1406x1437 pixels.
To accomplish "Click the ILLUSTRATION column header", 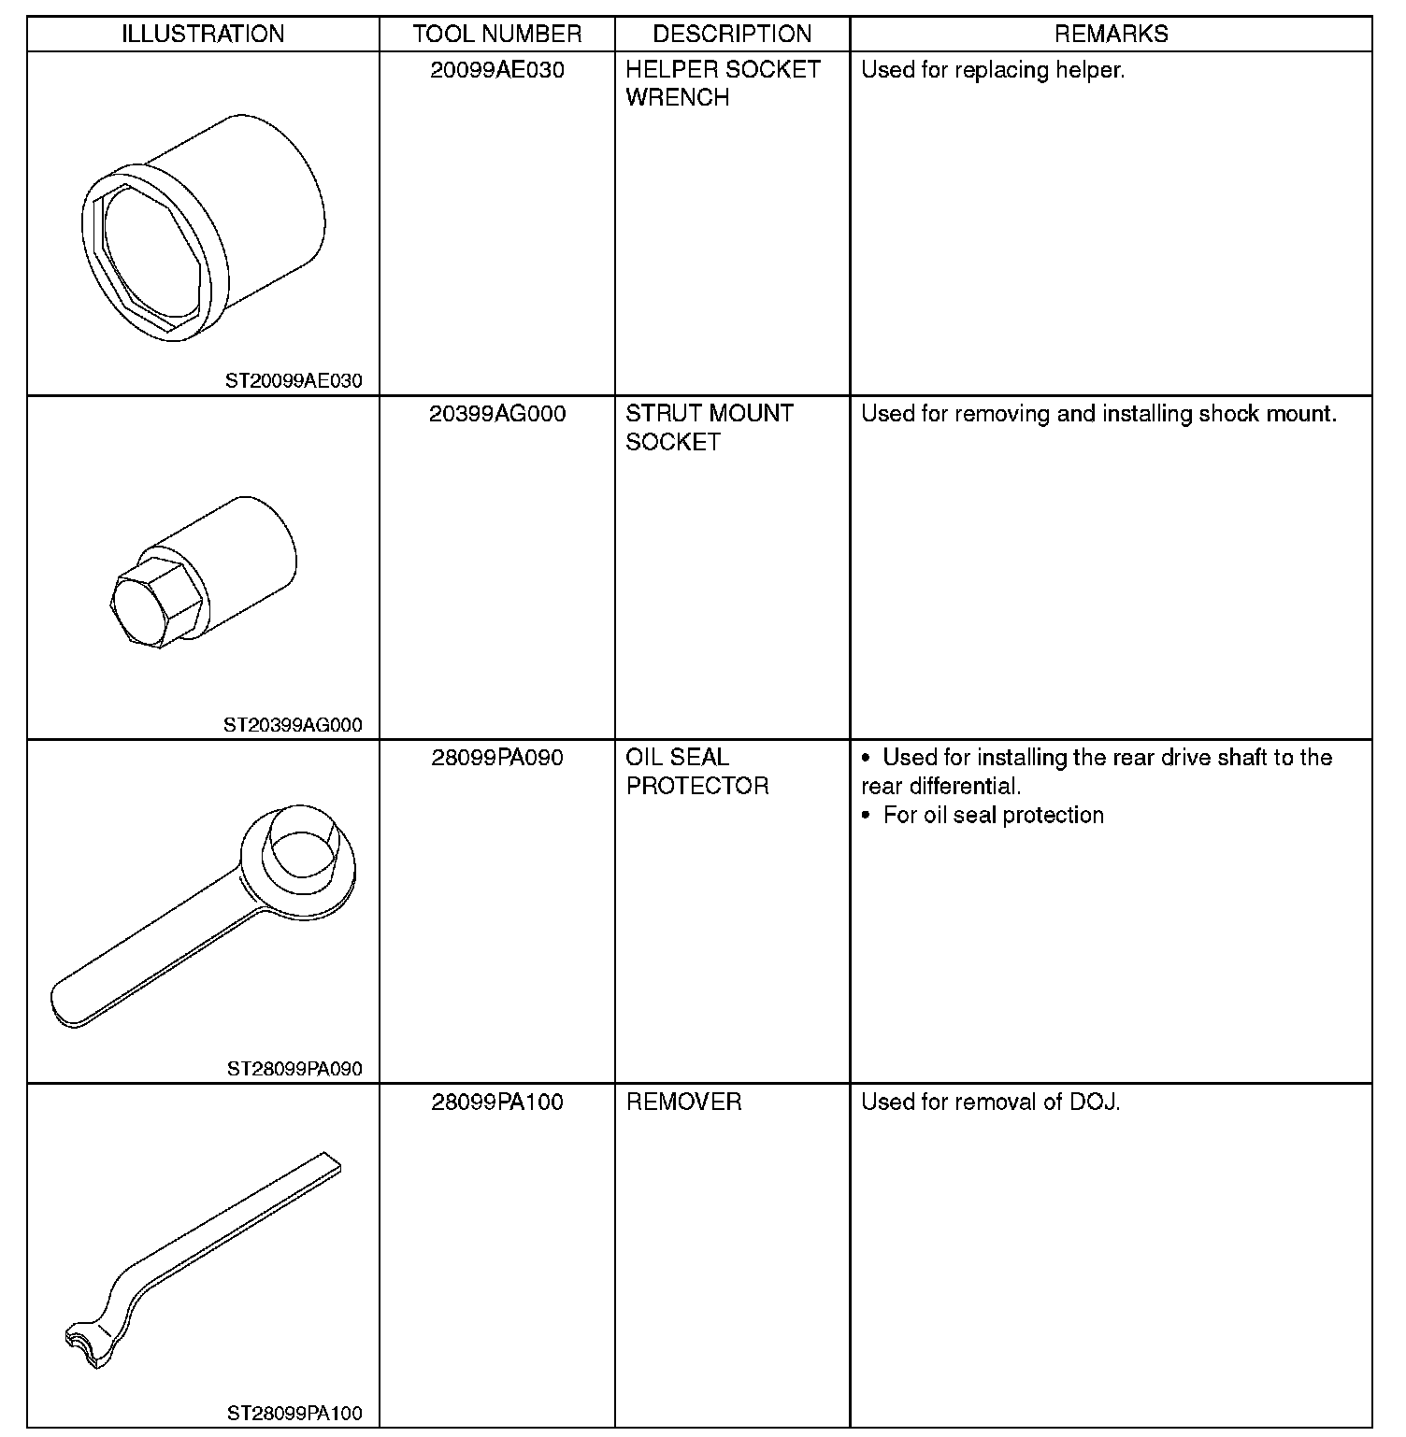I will click(203, 35).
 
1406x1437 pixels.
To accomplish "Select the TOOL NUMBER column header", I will click(497, 35).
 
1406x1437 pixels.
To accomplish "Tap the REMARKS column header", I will click(1111, 35).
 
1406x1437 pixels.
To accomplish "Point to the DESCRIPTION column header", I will click(732, 35).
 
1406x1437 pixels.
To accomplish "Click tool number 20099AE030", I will click(497, 70).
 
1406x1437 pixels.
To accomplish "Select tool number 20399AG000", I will click(497, 414).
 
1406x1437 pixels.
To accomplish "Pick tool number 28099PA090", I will click(497, 758).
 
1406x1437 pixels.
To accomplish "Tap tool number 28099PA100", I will click(497, 1103).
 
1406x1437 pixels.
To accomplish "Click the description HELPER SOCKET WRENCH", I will click(723, 83).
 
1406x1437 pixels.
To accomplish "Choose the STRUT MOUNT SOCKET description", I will click(710, 427).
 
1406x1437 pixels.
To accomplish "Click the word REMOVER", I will click(683, 1103).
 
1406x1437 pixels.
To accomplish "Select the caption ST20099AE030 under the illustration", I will click(294, 381).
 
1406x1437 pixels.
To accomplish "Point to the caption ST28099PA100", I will click(294, 1414).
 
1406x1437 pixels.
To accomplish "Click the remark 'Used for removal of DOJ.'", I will click(990, 1103).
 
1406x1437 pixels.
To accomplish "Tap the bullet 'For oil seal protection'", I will click(993, 816).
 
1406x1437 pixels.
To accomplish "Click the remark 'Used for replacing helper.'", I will click(993, 70).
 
